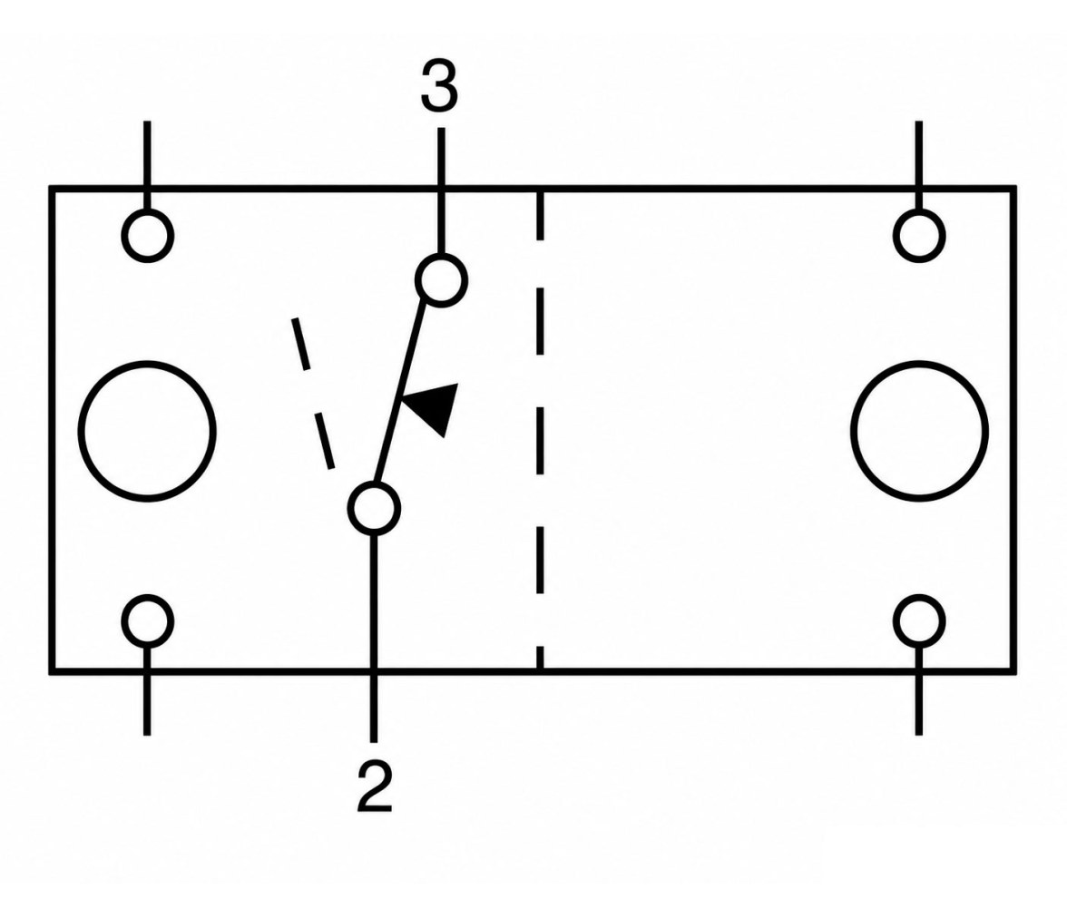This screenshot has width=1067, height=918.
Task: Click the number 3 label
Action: point(439,86)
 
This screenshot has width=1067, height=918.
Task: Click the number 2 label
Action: point(374,786)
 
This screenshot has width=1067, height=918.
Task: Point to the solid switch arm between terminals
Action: point(400,394)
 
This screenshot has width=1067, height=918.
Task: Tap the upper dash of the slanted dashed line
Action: point(301,345)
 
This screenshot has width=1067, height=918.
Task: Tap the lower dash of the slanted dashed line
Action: point(324,441)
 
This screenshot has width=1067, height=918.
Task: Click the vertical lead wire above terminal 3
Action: point(441,191)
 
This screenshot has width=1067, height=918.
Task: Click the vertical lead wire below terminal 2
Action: point(374,638)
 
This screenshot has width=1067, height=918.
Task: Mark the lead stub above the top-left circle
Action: point(147,165)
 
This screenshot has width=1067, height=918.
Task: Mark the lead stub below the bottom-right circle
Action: point(918,690)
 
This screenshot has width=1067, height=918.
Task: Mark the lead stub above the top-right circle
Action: point(918,165)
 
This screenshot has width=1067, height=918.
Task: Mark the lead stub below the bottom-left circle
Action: point(147,690)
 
